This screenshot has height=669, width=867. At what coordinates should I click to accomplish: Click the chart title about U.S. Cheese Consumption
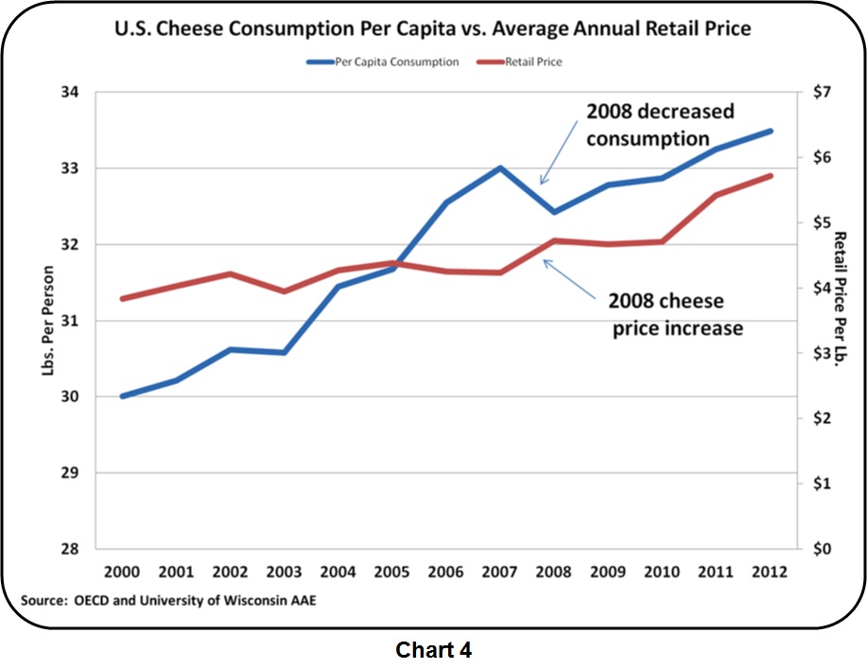tap(432, 29)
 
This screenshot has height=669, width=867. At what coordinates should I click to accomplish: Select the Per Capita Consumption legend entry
tap(382, 62)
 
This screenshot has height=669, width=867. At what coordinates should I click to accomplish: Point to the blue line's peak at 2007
tap(499, 168)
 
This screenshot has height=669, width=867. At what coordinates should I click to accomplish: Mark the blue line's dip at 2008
tap(553, 212)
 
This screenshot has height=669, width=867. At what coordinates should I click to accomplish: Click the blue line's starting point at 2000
tap(122, 396)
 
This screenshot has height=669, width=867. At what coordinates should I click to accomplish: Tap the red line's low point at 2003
tap(284, 290)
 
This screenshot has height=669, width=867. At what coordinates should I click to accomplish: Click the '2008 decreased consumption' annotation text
tap(659, 125)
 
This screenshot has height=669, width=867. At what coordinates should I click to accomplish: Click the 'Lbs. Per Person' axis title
tap(48, 322)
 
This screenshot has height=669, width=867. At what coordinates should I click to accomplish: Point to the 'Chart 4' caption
tap(433, 650)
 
